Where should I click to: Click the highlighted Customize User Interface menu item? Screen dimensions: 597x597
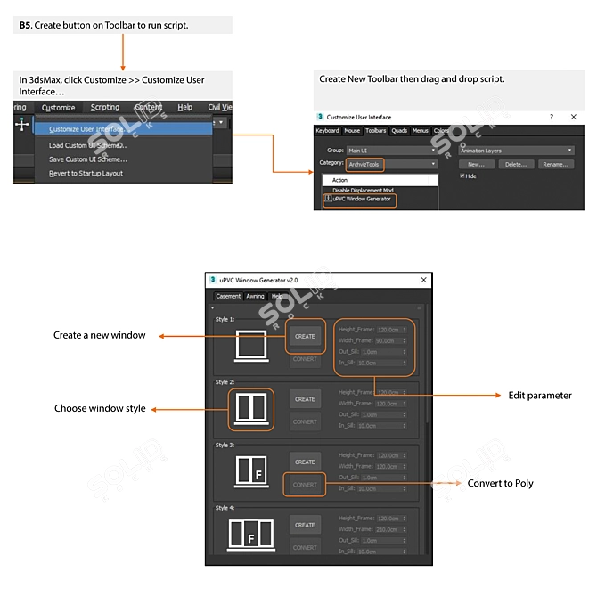pyautogui.click(x=89, y=129)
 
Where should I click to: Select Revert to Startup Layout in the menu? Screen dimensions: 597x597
pyautogui.click(x=86, y=174)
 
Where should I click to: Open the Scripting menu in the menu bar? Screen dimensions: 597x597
pyautogui.click(x=104, y=108)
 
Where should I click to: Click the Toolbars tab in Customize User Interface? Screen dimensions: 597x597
pyautogui.click(x=376, y=131)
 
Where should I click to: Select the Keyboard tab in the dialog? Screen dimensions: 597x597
pyautogui.click(x=328, y=131)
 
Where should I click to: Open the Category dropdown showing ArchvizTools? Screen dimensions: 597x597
pyautogui.click(x=392, y=164)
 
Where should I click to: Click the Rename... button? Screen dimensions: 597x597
pyautogui.click(x=555, y=164)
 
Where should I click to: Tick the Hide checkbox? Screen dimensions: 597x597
pyautogui.click(x=462, y=176)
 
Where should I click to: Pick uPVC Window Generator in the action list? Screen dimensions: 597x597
pyautogui.click(x=361, y=199)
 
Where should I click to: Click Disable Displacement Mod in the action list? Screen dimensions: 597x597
pyautogui.click(x=363, y=190)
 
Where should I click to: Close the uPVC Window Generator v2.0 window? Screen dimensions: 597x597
pyautogui.click(x=423, y=280)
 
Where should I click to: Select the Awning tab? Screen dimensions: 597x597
pyautogui.click(x=255, y=296)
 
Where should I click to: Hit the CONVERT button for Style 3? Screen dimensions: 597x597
pyautogui.click(x=305, y=485)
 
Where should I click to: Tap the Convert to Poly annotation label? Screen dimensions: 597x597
pyautogui.click(x=500, y=483)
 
